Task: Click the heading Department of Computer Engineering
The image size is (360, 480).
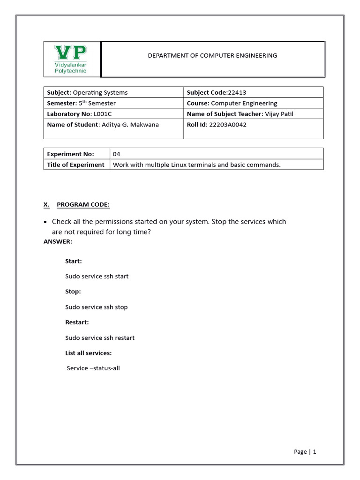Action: click(x=212, y=55)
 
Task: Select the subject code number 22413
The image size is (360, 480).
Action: click(x=237, y=92)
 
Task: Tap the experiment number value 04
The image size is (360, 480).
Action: click(x=117, y=154)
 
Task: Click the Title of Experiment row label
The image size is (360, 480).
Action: click(x=75, y=165)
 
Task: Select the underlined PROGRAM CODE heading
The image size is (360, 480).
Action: click(x=83, y=205)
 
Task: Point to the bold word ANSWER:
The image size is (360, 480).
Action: click(x=58, y=241)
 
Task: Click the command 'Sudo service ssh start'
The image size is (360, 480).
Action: click(x=97, y=276)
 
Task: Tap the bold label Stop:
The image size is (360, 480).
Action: click(x=73, y=292)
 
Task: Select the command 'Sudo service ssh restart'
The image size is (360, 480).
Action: click(x=100, y=337)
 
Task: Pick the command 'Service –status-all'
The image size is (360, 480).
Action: click(x=93, y=368)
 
